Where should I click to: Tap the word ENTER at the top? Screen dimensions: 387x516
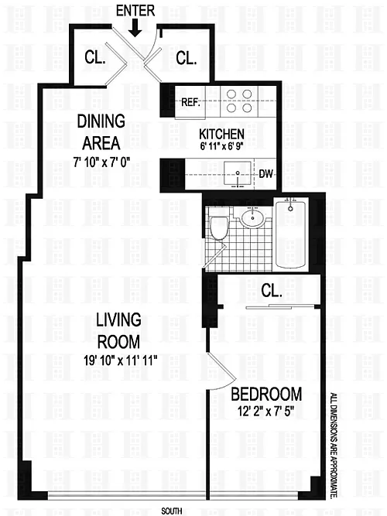(135, 11)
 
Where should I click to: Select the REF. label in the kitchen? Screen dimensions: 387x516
(191, 102)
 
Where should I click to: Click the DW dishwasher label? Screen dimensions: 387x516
(265, 174)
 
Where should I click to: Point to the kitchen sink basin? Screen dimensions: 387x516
(238, 173)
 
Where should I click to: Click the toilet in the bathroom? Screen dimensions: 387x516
(219, 227)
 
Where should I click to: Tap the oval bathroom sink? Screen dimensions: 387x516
(252, 218)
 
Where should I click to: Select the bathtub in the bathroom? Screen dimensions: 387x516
(290, 234)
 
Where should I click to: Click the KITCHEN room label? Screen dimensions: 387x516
(221, 135)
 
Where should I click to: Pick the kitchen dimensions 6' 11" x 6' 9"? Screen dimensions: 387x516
(221, 146)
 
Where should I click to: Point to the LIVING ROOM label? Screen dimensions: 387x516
(118, 331)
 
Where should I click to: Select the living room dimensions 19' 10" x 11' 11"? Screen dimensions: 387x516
(119, 361)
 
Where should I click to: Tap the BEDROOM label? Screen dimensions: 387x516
(266, 394)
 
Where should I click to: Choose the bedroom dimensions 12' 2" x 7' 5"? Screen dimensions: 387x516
(265, 412)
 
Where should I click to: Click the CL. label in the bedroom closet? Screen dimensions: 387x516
(272, 291)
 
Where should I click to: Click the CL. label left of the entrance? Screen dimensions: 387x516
(95, 57)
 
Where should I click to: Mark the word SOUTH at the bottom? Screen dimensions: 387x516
(172, 511)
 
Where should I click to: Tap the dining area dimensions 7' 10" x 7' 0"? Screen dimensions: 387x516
(101, 162)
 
